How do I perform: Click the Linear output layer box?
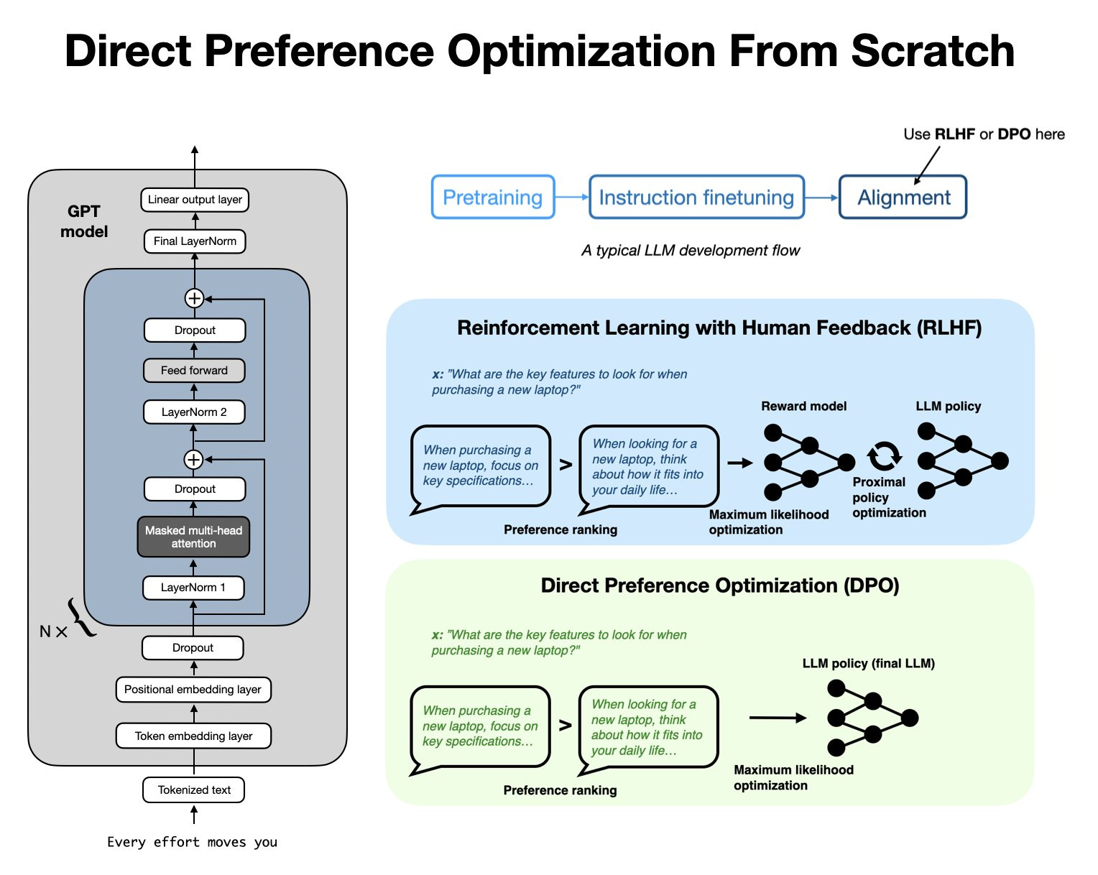click(195, 200)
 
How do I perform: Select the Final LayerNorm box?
click(195, 241)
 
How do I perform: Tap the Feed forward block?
click(194, 371)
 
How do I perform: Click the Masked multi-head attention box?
click(193, 537)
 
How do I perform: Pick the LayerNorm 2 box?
click(194, 412)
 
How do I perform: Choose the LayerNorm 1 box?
click(193, 588)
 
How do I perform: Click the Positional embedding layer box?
click(193, 690)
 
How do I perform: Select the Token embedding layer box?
click(193, 736)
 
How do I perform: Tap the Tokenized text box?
click(194, 790)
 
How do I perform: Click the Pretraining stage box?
click(493, 198)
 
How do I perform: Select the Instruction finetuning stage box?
click(696, 198)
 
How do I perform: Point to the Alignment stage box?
click(903, 198)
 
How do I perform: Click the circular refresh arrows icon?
click(883, 455)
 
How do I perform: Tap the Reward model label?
click(803, 407)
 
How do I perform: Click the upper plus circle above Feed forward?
click(194, 298)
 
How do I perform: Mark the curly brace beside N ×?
click(81, 618)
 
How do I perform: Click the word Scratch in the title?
click(933, 52)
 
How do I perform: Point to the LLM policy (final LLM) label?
click(868, 664)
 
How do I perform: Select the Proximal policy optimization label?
click(888, 497)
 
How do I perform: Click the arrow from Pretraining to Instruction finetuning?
click(571, 198)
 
